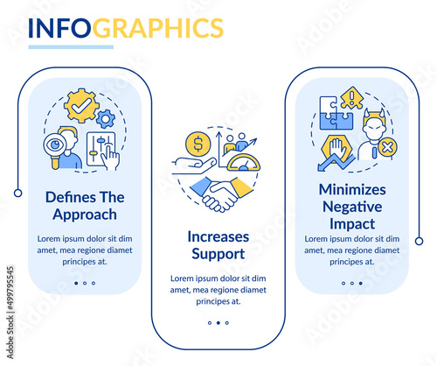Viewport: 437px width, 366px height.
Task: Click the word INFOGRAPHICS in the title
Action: coord(126,28)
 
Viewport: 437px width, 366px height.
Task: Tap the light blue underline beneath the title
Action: coord(71,47)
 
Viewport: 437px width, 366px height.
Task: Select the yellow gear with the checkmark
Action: coord(81,105)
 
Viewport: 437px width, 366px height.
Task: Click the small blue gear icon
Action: coord(106,119)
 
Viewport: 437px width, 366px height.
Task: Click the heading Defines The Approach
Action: coord(85,206)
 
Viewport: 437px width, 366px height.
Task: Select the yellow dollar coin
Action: coord(198,144)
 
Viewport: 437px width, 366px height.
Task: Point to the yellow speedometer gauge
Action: coord(244,163)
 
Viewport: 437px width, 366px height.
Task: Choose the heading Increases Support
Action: coord(218,245)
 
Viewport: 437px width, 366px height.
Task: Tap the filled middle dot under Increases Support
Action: coord(218,323)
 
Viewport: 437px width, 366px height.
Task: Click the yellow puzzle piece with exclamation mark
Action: coord(351,98)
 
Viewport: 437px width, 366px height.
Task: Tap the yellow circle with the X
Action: coord(387,147)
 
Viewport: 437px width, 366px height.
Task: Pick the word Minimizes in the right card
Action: coord(352,190)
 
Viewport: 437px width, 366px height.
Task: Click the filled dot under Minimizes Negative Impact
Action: coord(361,283)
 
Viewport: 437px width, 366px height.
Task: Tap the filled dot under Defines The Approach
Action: coord(76,283)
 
